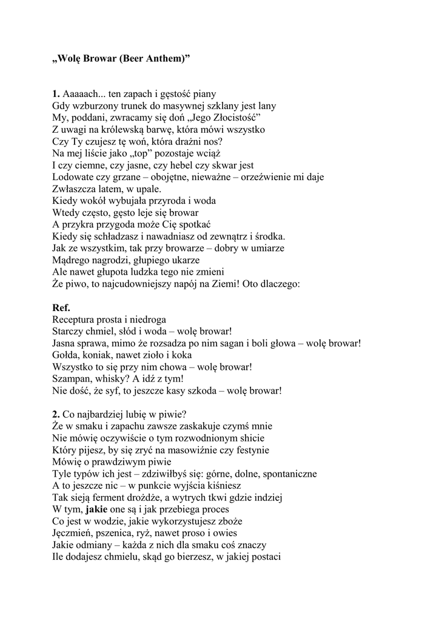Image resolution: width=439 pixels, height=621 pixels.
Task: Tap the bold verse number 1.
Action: point(56,94)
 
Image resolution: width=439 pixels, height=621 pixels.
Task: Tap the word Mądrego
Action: point(71,260)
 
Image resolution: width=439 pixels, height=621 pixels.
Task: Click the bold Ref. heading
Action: point(62,307)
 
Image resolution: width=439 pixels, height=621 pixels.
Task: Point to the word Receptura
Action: point(75,319)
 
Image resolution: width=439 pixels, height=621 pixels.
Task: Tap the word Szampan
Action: point(72,378)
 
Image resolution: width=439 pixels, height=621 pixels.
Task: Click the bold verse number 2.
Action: point(56,414)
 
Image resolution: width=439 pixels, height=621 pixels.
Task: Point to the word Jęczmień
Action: point(73,532)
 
